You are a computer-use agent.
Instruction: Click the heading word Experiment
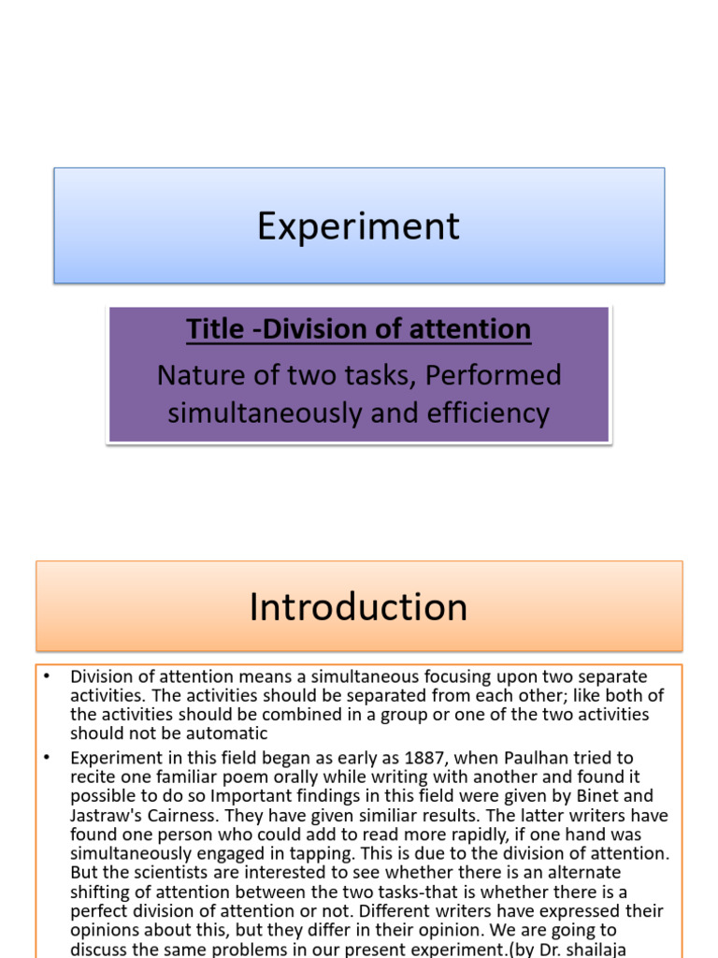coord(358,226)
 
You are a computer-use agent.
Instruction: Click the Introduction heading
coord(358,607)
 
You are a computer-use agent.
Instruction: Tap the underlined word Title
coord(208,329)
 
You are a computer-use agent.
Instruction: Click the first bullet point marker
coord(46,675)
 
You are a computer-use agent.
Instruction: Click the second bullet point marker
coord(46,757)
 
